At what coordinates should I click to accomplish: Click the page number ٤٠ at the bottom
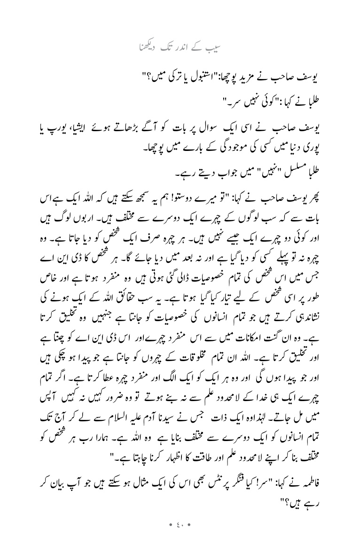tap(180, 537)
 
